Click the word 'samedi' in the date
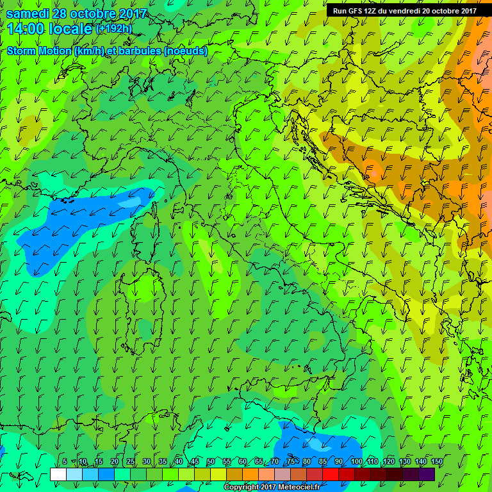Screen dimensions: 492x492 tap(28, 13)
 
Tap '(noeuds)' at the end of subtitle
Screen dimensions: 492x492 tap(185, 51)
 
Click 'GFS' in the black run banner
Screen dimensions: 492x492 tap(356, 11)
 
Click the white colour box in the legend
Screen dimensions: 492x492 tap(58, 474)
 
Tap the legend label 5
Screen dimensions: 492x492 tap(65, 462)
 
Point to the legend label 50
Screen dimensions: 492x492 tap(211, 462)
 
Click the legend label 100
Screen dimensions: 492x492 tap(356, 462)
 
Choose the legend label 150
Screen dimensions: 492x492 tap(437, 462)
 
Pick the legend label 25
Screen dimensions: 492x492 tap(130, 462)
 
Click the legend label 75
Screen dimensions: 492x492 tap(291, 462)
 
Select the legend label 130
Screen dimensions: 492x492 tap(405, 462)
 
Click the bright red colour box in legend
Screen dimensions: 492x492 tap(331, 474)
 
